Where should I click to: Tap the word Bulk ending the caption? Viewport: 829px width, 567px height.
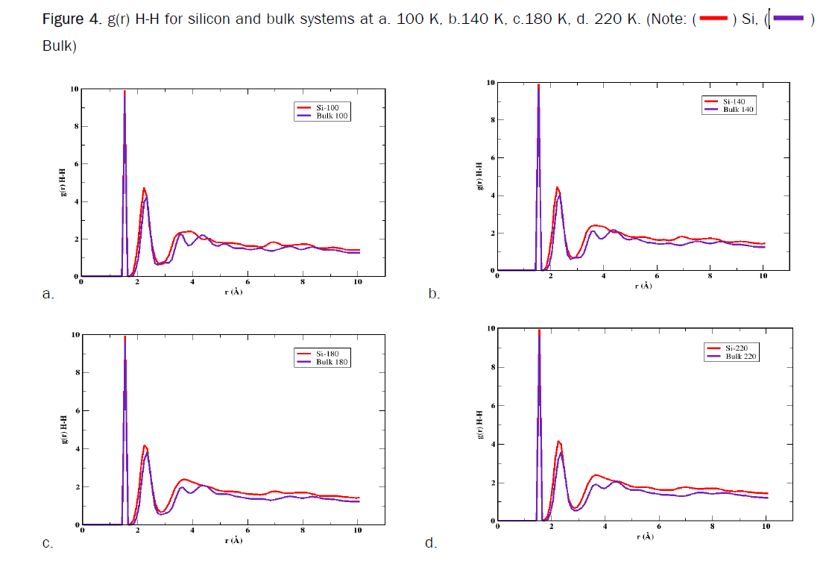[x=57, y=46]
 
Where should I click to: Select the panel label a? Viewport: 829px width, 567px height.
[x=48, y=294]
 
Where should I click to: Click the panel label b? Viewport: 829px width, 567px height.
[x=434, y=294]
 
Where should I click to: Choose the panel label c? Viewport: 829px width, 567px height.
[x=47, y=543]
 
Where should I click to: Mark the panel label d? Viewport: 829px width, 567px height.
[x=430, y=543]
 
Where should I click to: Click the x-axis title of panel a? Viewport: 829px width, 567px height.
[x=233, y=290]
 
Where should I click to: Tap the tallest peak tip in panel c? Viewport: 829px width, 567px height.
[x=124, y=338]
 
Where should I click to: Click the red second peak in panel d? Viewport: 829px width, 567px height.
[x=558, y=442]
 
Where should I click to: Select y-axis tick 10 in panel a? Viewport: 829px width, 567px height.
[x=74, y=89]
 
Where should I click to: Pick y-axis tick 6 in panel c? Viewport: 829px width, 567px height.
[x=75, y=410]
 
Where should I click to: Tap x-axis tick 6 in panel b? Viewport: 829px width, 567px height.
[x=656, y=277]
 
